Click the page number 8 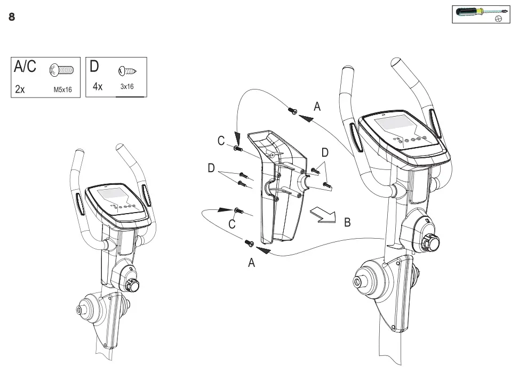12,17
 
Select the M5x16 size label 62,90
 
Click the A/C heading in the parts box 26,67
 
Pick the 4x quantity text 97,87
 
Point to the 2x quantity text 20,90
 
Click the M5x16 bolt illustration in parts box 61,69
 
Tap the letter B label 347,223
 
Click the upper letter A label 317,107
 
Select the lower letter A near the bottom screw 252,262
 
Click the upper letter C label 221,141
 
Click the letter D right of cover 325,153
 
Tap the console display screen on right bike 396,125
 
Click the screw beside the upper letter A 292,111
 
